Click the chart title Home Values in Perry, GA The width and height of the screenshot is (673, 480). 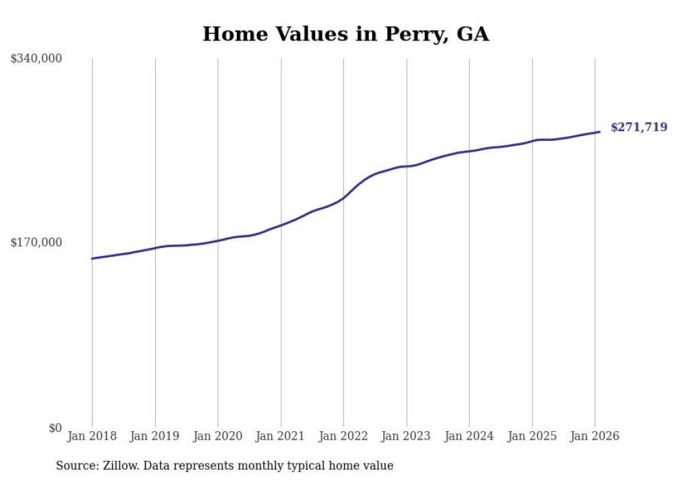[345, 34]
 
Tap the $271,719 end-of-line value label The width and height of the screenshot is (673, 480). [639, 127]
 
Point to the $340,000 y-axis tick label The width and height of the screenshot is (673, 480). [36, 59]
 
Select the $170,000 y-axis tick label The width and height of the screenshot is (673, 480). [36, 242]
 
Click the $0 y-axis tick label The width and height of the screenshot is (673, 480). [55, 428]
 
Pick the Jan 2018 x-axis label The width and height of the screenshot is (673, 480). [92, 436]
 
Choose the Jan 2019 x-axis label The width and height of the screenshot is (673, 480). [155, 436]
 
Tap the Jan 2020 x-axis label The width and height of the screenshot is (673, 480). [218, 436]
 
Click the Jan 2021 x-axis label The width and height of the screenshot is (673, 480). [280, 436]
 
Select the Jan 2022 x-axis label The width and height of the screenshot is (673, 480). [343, 436]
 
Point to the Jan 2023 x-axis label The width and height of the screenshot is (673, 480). [406, 436]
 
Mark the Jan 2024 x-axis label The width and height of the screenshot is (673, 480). [469, 436]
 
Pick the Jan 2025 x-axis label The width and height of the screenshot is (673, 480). [532, 436]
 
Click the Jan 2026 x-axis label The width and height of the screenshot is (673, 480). [595, 436]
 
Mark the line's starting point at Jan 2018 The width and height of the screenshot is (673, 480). [92, 259]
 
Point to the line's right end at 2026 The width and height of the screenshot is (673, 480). [600, 132]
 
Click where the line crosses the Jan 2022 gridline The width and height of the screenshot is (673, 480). [343, 198]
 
